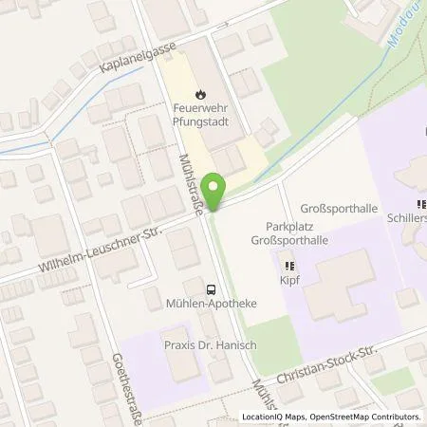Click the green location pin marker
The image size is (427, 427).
click(216, 191)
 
